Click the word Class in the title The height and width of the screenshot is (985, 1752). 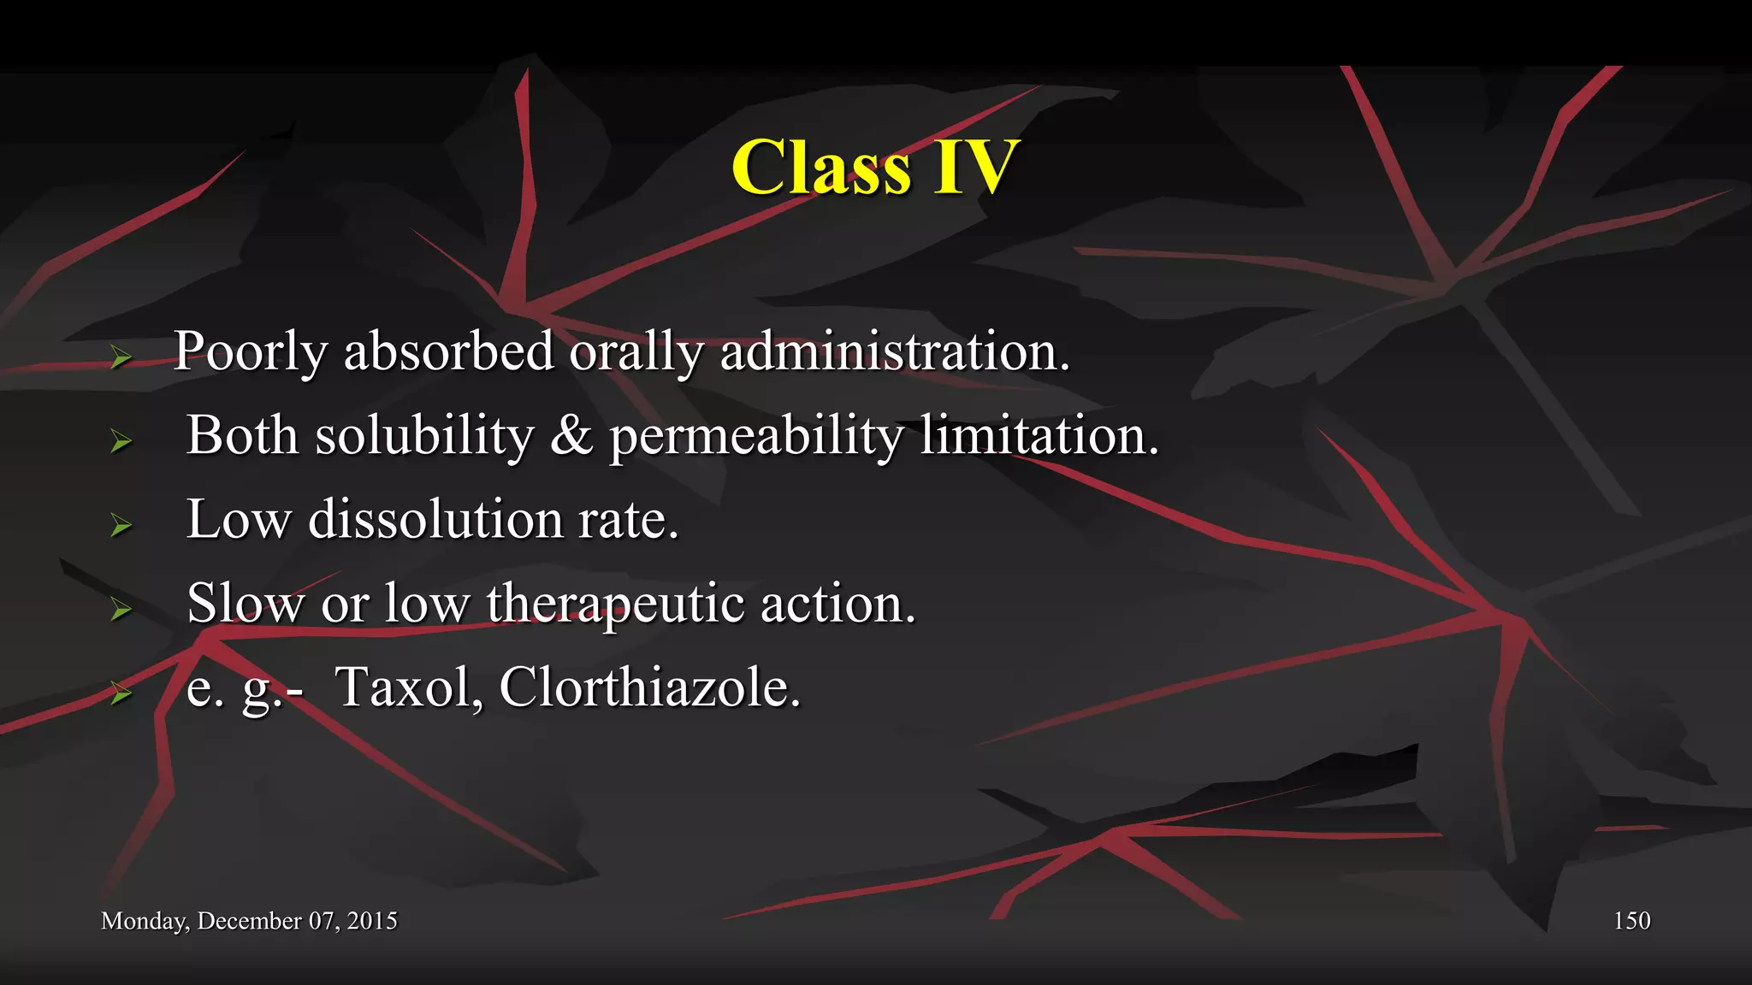[821, 168]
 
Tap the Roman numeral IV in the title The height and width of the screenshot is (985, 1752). [976, 168]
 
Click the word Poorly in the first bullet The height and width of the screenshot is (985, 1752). [251, 351]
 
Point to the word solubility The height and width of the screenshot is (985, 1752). [424, 436]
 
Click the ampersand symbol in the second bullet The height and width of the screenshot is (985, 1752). [571, 435]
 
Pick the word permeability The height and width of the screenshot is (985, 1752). [756, 436]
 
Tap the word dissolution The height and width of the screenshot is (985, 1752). [435, 519]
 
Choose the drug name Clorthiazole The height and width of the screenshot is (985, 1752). [649, 687]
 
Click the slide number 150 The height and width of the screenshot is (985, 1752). [1631, 921]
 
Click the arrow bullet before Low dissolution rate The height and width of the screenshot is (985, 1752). [121, 525]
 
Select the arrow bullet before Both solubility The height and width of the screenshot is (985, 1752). [121, 441]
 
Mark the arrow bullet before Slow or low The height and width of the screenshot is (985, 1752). [121, 609]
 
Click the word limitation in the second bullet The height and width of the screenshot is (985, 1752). [1039, 436]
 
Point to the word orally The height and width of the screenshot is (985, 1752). [636, 351]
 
